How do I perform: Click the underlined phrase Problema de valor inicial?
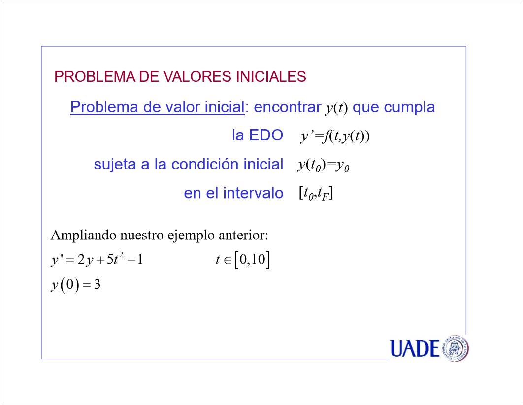pyautogui.click(x=158, y=107)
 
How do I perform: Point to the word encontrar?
pyautogui.click(x=288, y=107)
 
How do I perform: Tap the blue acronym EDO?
pyautogui.click(x=266, y=135)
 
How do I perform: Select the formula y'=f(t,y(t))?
pyautogui.click(x=335, y=136)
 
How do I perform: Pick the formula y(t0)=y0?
pyautogui.click(x=324, y=165)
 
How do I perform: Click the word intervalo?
pyautogui.click(x=253, y=193)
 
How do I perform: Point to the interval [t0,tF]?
pyautogui.click(x=316, y=194)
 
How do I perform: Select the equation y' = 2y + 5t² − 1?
pyautogui.click(x=97, y=259)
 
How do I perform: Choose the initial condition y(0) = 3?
pyautogui.click(x=76, y=285)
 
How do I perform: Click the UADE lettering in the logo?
pyautogui.click(x=415, y=349)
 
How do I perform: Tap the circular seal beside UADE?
pyautogui.click(x=455, y=348)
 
